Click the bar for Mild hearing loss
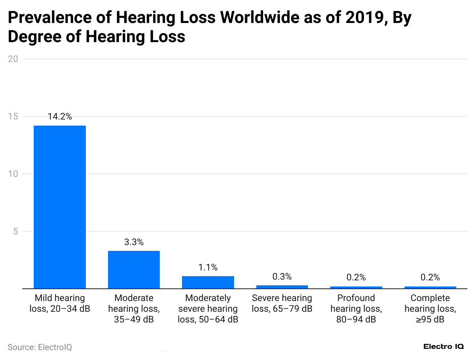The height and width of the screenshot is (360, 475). pyautogui.click(x=60, y=207)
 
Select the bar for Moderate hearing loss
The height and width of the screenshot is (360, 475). pyautogui.click(x=134, y=270)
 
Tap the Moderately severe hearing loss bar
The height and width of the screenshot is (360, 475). pyautogui.click(x=208, y=282)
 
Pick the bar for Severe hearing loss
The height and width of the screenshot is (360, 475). pyautogui.click(x=282, y=287)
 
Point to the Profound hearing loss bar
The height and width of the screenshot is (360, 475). pyautogui.click(x=356, y=287)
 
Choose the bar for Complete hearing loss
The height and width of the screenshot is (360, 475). pyautogui.click(x=430, y=287)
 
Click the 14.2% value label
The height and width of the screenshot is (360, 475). pyautogui.click(x=60, y=117)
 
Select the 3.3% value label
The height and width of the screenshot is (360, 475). pyautogui.click(x=134, y=242)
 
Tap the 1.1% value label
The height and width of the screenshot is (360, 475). pyautogui.click(x=208, y=267)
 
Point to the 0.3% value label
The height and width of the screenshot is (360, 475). pyautogui.click(x=282, y=277)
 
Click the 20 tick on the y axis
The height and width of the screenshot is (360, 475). pyautogui.click(x=14, y=59)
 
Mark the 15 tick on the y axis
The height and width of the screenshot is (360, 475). pyautogui.click(x=14, y=116)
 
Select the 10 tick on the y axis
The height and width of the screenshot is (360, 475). pyautogui.click(x=14, y=174)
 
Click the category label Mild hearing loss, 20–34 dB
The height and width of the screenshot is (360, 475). pyautogui.click(x=60, y=303)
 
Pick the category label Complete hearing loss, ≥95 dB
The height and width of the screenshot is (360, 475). pyautogui.click(x=430, y=309)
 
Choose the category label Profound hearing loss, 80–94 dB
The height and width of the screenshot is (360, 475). pyautogui.click(x=356, y=309)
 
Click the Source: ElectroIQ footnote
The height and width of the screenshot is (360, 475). pyautogui.click(x=40, y=347)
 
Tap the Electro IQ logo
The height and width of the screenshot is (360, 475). pyautogui.click(x=444, y=347)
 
